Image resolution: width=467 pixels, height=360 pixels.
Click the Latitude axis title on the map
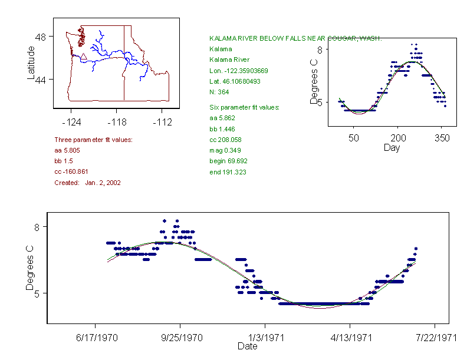tap(31, 63)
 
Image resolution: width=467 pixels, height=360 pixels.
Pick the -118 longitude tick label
tap(117, 123)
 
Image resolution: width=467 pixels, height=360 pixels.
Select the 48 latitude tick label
tap(41, 37)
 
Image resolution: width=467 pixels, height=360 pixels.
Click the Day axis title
tap(392, 148)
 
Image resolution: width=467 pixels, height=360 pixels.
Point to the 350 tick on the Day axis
tap(442, 138)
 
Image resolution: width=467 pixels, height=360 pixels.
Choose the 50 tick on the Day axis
tap(354, 138)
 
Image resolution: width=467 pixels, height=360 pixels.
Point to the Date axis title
tap(248, 346)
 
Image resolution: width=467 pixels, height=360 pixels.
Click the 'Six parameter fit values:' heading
tap(244, 107)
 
